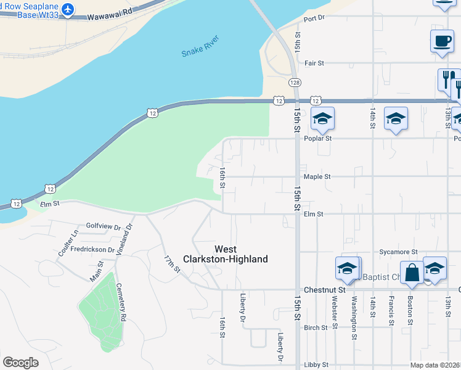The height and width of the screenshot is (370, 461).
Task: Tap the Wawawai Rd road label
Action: [110, 12]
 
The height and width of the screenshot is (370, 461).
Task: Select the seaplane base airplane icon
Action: [67, 9]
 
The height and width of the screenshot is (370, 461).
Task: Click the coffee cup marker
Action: [442, 41]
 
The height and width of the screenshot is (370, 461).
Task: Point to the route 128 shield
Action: [295, 82]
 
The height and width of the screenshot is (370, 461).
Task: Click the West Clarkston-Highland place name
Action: [241, 254]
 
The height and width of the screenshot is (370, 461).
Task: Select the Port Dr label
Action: [314, 18]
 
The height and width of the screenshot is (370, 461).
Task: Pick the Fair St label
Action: [314, 63]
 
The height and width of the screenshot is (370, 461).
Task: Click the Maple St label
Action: [317, 176]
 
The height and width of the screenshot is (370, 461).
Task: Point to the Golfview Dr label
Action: [104, 227]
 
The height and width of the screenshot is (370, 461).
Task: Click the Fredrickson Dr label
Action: [92, 250]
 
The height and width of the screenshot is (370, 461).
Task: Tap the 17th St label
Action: [172, 263]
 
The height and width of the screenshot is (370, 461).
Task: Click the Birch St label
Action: [316, 327]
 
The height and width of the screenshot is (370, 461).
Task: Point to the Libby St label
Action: [316, 365]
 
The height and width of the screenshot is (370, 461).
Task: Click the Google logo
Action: [21, 363]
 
